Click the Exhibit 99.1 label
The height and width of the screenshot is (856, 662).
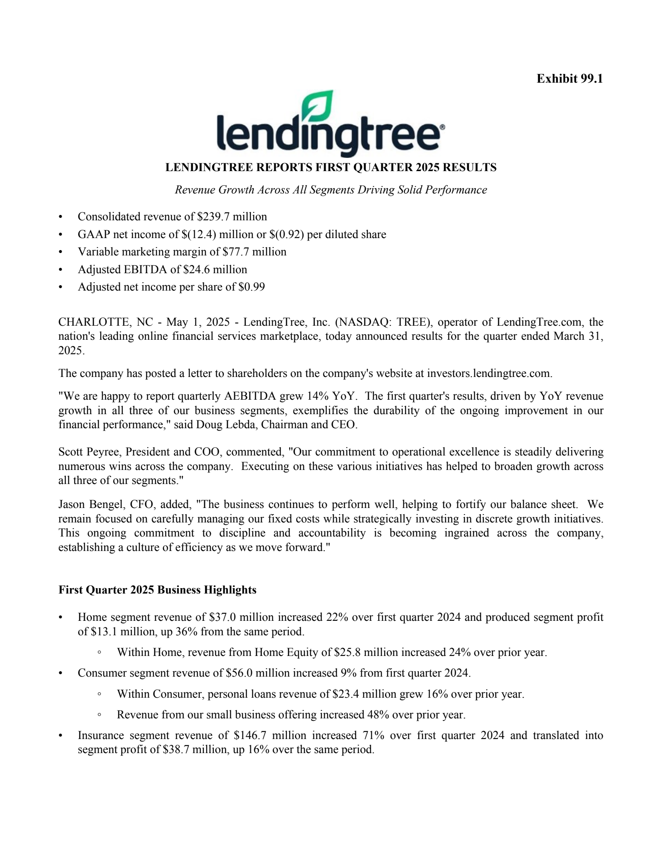569,79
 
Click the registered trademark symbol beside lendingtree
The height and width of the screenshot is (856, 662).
442,128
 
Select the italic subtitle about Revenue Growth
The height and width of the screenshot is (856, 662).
331,190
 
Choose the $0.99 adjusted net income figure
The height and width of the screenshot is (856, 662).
252,287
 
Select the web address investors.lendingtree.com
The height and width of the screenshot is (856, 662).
489,374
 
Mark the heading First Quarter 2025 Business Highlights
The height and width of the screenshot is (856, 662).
157,590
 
